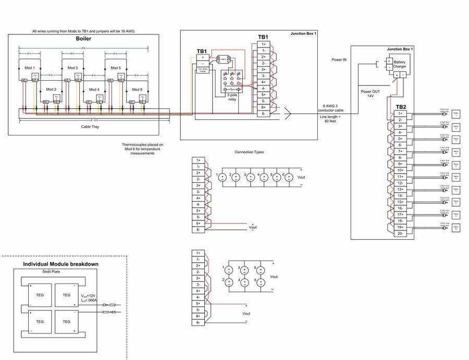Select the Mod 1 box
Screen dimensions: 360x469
[x=30, y=71]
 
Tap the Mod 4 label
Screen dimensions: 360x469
[x=94, y=90]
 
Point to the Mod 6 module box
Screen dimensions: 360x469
[x=137, y=92]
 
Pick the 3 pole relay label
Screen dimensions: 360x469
[x=232, y=97]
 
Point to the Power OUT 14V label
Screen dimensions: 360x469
[x=370, y=94]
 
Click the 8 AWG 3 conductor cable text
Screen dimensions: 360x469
[x=334, y=108]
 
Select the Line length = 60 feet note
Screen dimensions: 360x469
[x=330, y=120]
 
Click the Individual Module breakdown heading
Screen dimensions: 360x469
[x=61, y=264]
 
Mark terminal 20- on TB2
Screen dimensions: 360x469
[x=400, y=234]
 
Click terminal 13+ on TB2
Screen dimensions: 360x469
[x=400, y=189]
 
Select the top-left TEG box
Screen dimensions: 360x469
[x=40, y=295]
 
